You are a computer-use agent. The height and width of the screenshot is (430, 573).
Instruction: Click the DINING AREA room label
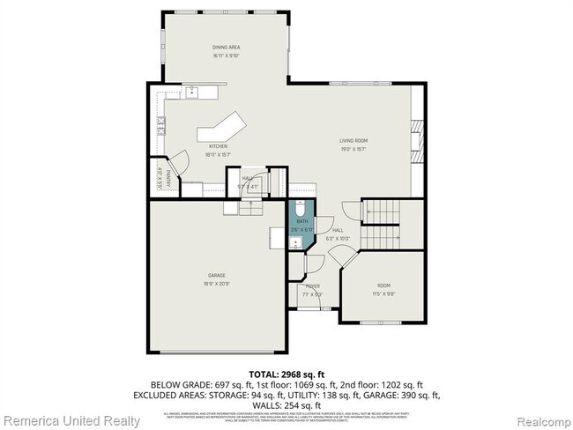point(227,47)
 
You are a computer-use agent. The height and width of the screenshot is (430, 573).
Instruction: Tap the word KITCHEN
point(217,145)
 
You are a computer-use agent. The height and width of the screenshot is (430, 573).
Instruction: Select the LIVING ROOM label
point(353,140)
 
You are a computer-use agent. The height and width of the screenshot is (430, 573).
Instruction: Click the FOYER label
point(313,286)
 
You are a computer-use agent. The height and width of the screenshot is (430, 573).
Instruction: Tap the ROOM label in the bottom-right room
point(383,285)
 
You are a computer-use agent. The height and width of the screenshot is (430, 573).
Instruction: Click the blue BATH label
point(301,222)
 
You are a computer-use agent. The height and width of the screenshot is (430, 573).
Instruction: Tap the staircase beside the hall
point(381,212)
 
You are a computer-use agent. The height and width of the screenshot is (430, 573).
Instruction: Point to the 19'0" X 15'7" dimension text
point(353,148)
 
